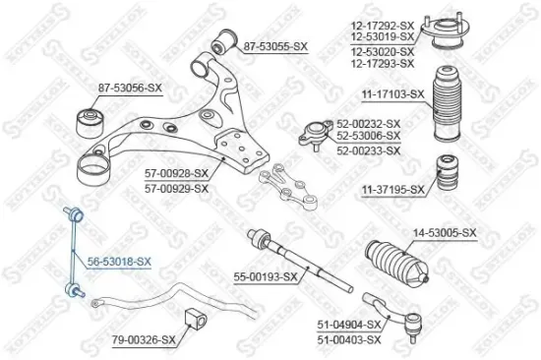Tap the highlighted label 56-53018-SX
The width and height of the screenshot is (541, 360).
pyautogui.click(x=119, y=262)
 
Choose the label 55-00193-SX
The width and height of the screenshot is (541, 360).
pyautogui.click(x=264, y=277)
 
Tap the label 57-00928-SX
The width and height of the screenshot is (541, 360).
pyautogui.click(x=177, y=174)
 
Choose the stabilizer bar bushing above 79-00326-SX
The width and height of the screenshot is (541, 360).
pyautogui.click(x=195, y=320)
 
